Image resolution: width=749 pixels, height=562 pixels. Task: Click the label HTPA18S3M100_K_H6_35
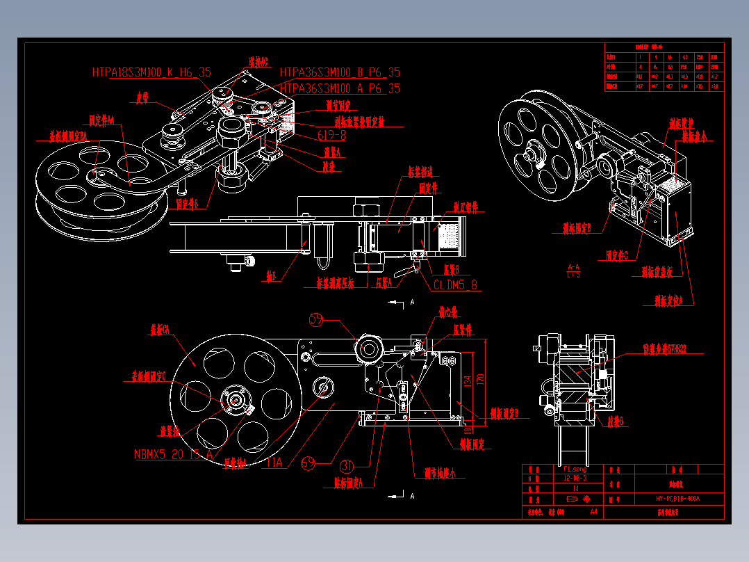tap(151, 72)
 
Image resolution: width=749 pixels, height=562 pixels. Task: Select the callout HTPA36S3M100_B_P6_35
tap(340, 72)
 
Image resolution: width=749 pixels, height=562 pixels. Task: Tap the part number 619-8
tap(331, 135)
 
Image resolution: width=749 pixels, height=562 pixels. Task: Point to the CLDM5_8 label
tap(456, 284)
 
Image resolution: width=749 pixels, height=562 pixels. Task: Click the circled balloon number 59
tap(317, 319)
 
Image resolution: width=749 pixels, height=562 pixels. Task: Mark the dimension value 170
tap(479, 378)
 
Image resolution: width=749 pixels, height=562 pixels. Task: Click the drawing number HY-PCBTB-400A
tap(677, 499)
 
